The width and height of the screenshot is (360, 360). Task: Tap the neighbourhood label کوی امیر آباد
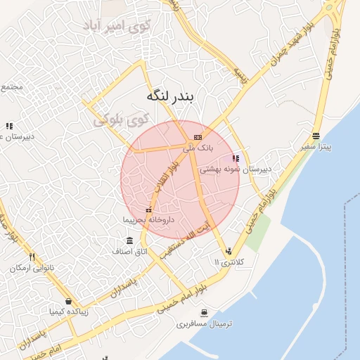(x=117, y=27)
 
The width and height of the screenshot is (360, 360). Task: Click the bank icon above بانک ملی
(x=198, y=137)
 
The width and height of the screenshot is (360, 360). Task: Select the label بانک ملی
(x=197, y=148)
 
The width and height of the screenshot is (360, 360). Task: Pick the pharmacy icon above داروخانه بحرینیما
(x=148, y=210)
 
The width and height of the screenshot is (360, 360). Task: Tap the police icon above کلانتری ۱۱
(x=229, y=250)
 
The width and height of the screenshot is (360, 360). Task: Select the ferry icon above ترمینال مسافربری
(x=204, y=312)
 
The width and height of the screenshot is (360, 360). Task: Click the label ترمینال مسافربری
(x=204, y=323)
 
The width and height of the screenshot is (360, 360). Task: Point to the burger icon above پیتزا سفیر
(x=316, y=136)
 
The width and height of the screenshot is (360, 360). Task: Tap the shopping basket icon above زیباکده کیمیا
(x=68, y=299)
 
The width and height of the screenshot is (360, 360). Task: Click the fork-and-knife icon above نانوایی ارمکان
(x=32, y=257)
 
